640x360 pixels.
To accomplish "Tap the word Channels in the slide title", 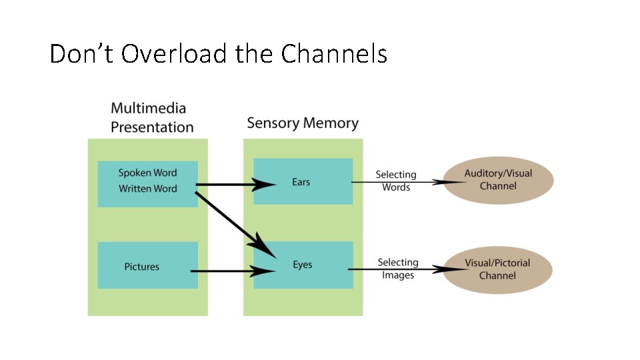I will click(x=334, y=53).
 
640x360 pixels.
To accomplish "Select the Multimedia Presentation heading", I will click(x=152, y=117).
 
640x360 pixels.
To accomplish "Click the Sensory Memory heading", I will click(x=303, y=123).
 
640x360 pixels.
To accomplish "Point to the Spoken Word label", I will click(x=148, y=173).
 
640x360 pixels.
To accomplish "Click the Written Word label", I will click(x=148, y=189).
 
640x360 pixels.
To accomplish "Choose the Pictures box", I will click(x=147, y=265).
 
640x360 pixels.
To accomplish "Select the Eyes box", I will click(x=303, y=265).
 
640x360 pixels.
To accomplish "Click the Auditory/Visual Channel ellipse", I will click(x=499, y=179).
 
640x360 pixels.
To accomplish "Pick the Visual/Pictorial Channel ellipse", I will click(x=497, y=269).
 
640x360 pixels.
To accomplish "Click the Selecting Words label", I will click(x=396, y=181).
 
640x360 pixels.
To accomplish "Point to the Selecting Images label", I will click(x=398, y=269).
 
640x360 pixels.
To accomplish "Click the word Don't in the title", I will click(x=82, y=53).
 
